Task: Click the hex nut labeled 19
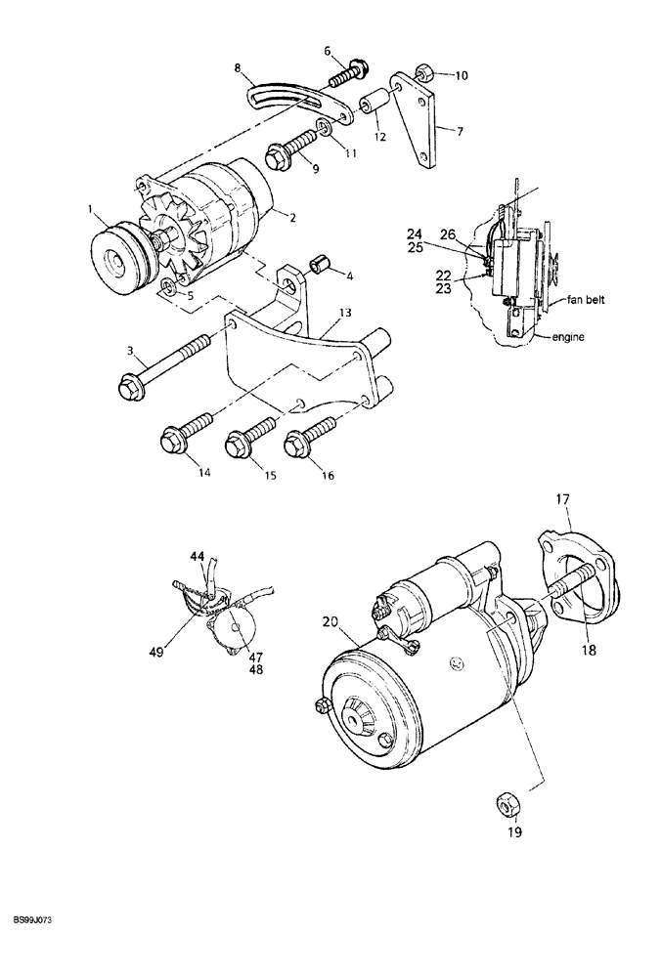(x=507, y=805)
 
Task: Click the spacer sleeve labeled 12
(x=373, y=103)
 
